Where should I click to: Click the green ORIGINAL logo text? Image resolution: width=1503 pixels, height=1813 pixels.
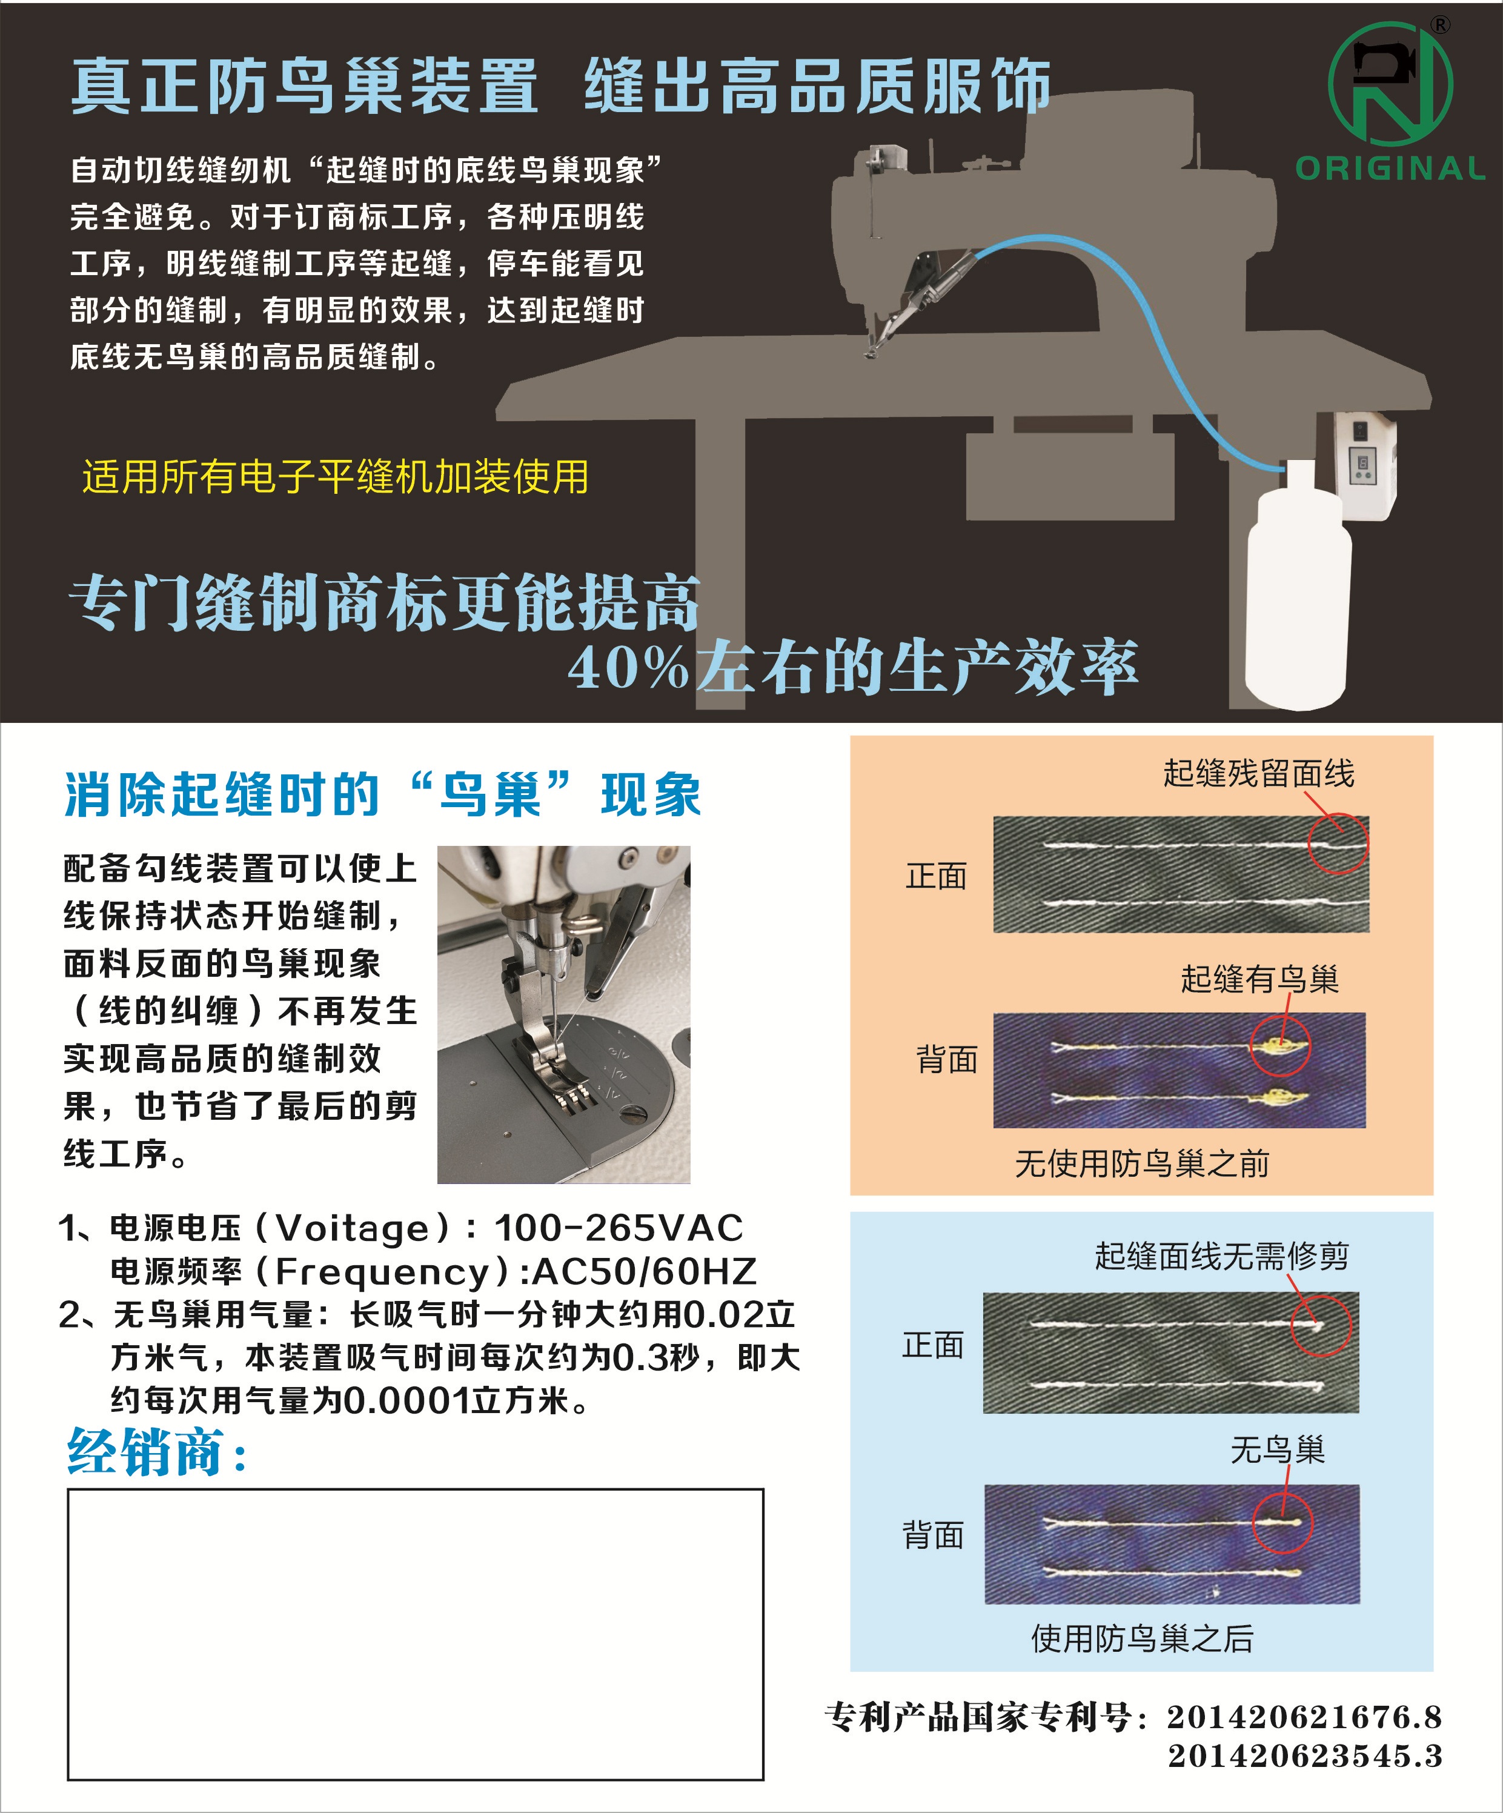pyautogui.click(x=1390, y=168)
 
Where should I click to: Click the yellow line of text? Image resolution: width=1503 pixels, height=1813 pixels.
pyautogui.click(x=335, y=476)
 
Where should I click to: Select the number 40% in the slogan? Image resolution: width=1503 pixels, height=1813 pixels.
pyautogui.click(x=628, y=667)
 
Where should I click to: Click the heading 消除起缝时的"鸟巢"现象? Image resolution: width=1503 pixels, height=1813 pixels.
pyautogui.click(x=382, y=794)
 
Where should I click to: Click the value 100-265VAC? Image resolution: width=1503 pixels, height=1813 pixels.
pyautogui.click(x=618, y=1228)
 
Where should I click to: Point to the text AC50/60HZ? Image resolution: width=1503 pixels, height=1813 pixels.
pyautogui.click(x=645, y=1271)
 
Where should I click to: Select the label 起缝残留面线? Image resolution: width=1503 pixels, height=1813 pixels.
pyautogui.click(x=1259, y=773)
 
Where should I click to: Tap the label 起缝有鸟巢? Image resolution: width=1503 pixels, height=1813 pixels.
pyautogui.click(x=1259, y=979)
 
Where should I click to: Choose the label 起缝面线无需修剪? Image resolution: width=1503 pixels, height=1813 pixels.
pyautogui.click(x=1221, y=1256)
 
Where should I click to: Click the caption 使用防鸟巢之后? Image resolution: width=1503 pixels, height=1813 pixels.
pyautogui.click(x=1142, y=1638)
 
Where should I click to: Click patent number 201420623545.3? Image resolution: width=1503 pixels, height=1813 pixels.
pyautogui.click(x=1306, y=1756)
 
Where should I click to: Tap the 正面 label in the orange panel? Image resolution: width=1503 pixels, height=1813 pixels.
pyautogui.click(x=936, y=876)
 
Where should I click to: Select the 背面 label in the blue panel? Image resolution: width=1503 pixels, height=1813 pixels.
pyautogui.click(x=932, y=1535)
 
